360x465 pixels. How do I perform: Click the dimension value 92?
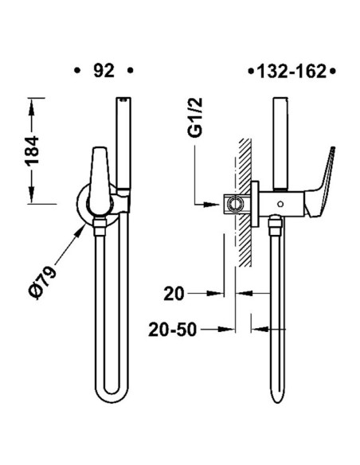[x=104, y=71]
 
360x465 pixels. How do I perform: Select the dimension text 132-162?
[x=292, y=72]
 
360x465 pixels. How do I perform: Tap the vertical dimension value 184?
[x=32, y=150]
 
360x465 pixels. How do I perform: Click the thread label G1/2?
[x=195, y=118]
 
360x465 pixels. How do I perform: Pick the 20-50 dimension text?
[x=173, y=330]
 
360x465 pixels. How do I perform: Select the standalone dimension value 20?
[x=174, y=294]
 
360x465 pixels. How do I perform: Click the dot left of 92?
[x=77, y=71]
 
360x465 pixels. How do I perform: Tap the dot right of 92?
[x=130, y=71]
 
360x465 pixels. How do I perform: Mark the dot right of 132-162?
[x=332, y=72]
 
